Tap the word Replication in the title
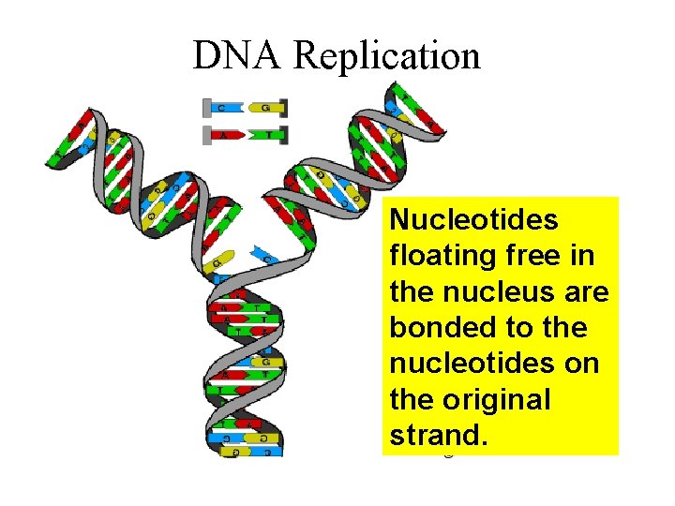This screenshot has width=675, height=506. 387,56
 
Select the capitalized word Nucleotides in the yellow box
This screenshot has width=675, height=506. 474,220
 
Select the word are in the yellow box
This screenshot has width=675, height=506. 587,292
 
